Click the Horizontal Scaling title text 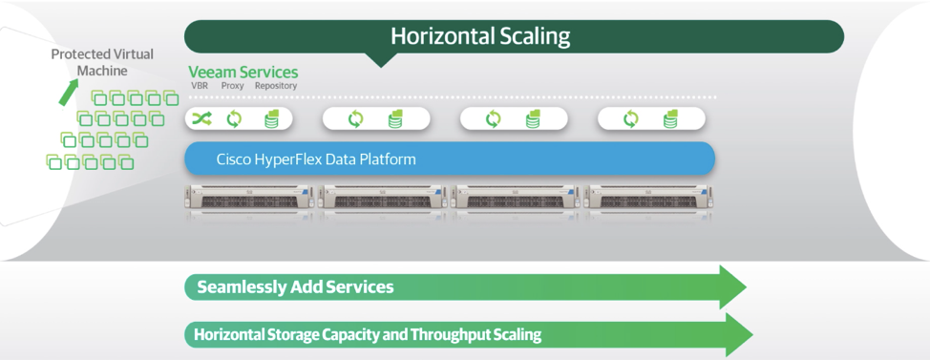coord(480,36)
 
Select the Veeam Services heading coord(243,73)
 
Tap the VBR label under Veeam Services coord(200,85)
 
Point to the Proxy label coord(232,85)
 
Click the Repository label coord(276,85)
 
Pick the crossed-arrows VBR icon coord(201,119)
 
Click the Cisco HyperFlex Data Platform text coord(315,159)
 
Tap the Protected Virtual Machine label coord(102,62)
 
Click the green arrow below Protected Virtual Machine coord(68,94)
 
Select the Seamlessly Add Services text coord(295,287)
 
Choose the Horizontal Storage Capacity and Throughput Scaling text coord(368,334)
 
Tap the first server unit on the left coord(250,198)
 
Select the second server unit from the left coord(383,198)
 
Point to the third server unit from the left coord(516,198)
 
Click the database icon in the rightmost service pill coord(670,119)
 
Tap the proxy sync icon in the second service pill coord(355,119)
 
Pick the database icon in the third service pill coord(533,119)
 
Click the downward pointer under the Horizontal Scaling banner coord(381,59)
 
